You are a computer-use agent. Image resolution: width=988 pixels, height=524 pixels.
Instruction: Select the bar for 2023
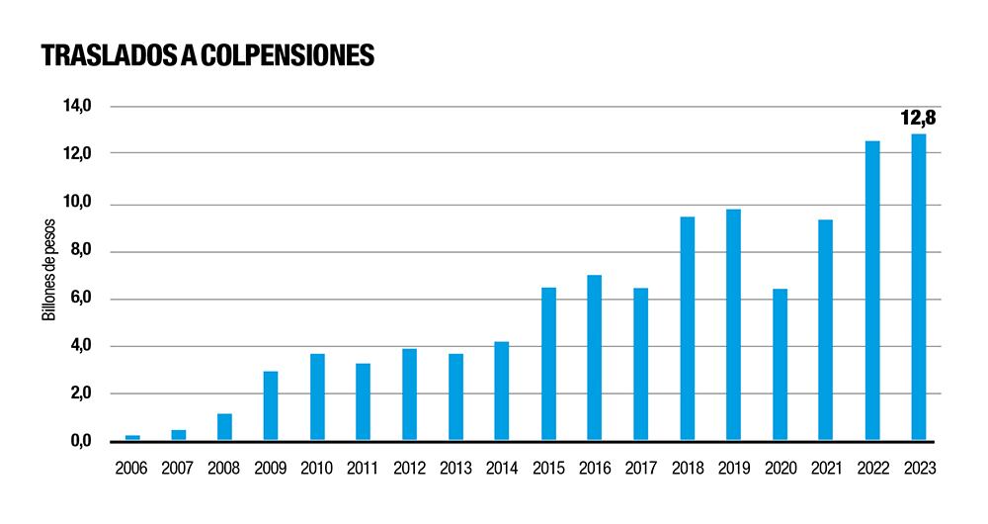pos(918,287)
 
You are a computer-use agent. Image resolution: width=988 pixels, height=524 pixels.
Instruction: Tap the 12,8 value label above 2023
pos(918,119)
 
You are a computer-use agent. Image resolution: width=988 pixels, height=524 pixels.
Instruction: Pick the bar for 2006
pos(132,437)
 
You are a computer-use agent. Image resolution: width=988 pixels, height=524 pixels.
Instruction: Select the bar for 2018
pos(687,328)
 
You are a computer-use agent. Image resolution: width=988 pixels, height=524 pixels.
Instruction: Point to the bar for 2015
pos(548,364)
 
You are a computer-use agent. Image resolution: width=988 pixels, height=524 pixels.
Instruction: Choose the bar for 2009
pos(271,405)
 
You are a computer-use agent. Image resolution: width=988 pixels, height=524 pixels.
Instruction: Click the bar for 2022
pos(872,291)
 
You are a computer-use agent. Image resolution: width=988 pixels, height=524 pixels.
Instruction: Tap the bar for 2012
pos(409,394)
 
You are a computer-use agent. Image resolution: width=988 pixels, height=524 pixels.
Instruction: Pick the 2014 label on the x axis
pos(502,468)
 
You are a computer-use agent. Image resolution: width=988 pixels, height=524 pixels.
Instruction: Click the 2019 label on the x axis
pos(733,468)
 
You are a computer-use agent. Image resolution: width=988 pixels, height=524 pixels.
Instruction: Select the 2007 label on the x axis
pos(179,468)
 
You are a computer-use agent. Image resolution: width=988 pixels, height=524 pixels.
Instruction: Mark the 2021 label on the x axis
pos(826,468)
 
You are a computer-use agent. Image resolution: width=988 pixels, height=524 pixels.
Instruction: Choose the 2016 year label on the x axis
pos(595,468)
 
